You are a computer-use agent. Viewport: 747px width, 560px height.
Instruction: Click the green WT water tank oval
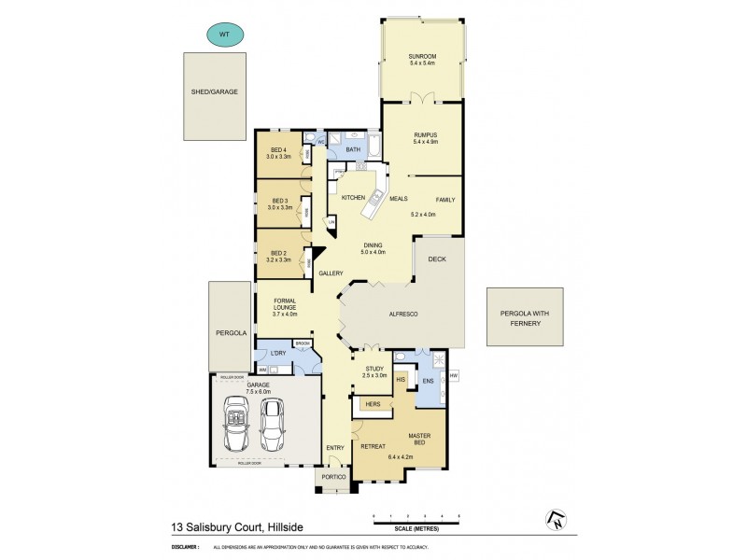pyautogui.click(x=223, y=35)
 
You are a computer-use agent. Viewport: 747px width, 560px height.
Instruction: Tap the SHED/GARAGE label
pyautogui.click(x=216, y=91)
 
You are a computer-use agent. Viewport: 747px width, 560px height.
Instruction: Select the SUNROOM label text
pyautogui.click(x=421, y=58)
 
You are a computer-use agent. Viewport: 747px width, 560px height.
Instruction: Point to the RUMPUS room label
pyautogui.click(x=426, y=135)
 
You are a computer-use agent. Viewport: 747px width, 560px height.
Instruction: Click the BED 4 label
pyautogui.click(x=278, y=151)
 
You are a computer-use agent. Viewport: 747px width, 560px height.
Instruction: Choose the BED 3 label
pyautogui.click(x=278, y=201)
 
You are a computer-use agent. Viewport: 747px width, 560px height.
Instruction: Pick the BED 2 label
pyautogui.click(x=278, y=253)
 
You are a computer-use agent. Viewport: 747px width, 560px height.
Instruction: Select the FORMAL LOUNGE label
pyautogui.click(x=284, y=304)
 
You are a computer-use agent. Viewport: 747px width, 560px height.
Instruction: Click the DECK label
pyautogui.click(x=437, y=260)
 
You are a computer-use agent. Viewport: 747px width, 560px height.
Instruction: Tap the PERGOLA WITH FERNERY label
pyautogui.click(x=524, y=316)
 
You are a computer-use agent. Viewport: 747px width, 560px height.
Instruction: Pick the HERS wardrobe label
pyautogui.click(x=372, y=404)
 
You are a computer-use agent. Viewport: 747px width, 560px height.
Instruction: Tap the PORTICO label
pyautogui.click(x=334, y=478)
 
